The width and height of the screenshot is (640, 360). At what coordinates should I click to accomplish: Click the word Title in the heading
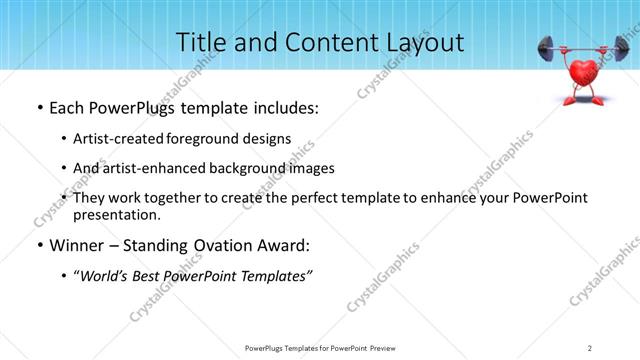click(200, 42)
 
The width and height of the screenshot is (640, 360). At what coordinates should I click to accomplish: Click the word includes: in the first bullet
click(282, 107)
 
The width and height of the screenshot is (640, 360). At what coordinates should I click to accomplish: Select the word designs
click(269, 138)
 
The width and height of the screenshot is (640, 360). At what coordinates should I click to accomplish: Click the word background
click(248, 168)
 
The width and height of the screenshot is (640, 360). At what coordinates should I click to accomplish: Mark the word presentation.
click(119, 214)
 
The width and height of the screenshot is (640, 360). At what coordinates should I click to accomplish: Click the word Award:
click(283, 245)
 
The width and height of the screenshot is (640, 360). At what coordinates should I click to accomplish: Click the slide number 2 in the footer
click(590, 347)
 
